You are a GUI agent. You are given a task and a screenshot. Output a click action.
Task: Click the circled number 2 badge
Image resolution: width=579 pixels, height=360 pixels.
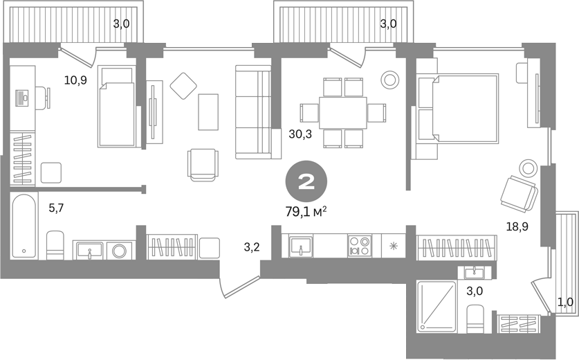(x=306, y=181)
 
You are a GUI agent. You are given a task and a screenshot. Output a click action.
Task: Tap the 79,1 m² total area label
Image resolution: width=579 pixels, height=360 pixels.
(x=306, y=211)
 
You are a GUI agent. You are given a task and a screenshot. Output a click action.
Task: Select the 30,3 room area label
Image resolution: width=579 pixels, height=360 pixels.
(x=300, y=134)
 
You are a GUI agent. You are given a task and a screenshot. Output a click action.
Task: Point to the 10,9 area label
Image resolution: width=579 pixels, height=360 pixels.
(x=75, y=80)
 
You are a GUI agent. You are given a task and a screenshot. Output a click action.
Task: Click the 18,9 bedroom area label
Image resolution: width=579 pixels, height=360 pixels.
(x=517, y=226)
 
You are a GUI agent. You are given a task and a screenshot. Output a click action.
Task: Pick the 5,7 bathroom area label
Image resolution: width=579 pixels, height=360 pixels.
(x=57, y=208)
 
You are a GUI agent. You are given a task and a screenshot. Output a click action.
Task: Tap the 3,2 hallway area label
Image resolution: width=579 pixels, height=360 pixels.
(x=252, y=247)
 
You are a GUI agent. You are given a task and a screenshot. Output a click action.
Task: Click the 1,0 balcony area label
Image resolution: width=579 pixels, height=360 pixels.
(x=565, y=303)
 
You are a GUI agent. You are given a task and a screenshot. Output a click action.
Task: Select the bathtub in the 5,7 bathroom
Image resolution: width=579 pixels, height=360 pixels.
(x=24, y=226)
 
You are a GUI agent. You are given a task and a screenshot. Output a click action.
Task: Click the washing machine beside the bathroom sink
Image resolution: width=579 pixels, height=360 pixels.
(x=120, y=251)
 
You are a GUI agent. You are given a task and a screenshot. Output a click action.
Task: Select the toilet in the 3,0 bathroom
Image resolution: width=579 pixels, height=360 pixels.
(x=475, y=319)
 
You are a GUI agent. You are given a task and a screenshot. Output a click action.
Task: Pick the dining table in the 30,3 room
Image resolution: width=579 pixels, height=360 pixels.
(x=343, y=113)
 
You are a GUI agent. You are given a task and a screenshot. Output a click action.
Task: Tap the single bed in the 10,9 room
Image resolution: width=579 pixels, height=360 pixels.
(x=116, y=107)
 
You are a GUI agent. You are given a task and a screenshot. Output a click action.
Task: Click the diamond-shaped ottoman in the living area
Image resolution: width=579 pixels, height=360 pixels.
(x=183, y=86)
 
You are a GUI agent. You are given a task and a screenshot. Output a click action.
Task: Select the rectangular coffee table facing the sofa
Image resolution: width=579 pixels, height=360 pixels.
(x=208, y=112)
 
